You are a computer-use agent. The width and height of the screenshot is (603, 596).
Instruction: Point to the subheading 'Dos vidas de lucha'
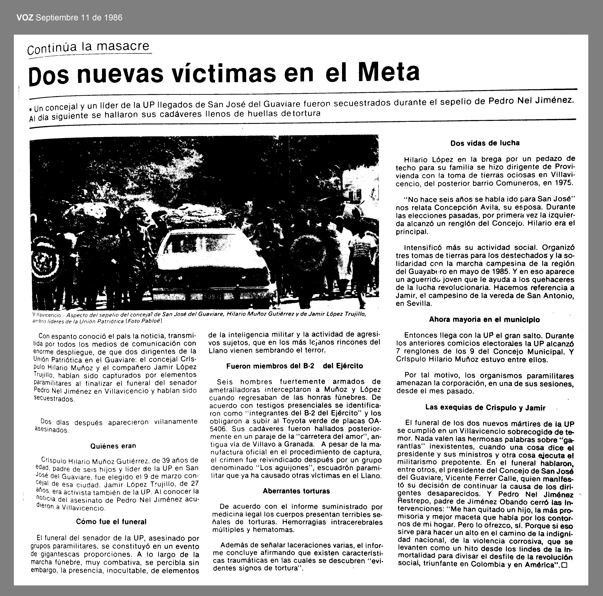(x=485, y=143)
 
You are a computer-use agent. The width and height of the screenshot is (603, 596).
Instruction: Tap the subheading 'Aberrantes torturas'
(x=296, y=491)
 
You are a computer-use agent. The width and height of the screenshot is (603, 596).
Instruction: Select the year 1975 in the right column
(x=563, y=183)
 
